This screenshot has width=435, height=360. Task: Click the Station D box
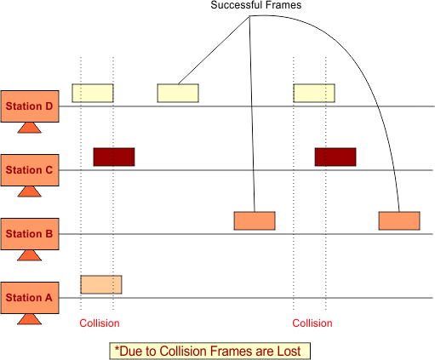30,106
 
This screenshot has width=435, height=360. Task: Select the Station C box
30,170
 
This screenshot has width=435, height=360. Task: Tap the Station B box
30,234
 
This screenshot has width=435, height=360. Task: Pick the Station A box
30,298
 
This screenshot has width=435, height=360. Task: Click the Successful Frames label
256,5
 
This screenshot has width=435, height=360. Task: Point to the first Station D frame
93,93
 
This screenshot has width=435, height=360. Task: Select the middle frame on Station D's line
178,93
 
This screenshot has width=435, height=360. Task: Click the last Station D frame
314,93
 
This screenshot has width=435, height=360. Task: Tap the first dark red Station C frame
114,157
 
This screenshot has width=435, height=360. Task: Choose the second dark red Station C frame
335,157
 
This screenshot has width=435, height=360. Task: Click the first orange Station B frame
255,220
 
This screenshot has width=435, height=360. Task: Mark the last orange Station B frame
399,220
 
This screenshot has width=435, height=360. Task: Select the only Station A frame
101,284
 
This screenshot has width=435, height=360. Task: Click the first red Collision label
100,323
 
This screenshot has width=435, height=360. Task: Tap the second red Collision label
312,323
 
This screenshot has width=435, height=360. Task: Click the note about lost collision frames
210,351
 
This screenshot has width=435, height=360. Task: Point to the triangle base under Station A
30,319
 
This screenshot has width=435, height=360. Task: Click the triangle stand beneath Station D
30,128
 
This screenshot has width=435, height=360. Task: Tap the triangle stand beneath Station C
30,191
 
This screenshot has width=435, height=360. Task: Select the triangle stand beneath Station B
30,255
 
